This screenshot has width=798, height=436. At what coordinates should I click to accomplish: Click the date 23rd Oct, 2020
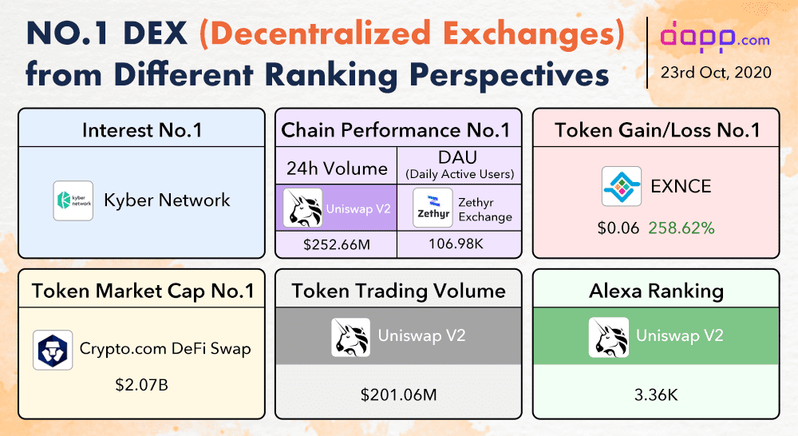(x=716, y=72)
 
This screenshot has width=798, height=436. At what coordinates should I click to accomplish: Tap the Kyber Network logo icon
(x=73, y=200)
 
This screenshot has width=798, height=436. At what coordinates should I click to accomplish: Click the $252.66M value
(x=336, y=244)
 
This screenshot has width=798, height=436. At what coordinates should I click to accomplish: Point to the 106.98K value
(x=459, y=244)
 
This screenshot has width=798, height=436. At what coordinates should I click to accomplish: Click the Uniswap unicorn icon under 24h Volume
(x=303, y=208)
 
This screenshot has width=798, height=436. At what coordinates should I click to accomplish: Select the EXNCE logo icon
(x=621, y=188)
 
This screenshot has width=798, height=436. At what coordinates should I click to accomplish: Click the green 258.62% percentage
(x=681, y=228)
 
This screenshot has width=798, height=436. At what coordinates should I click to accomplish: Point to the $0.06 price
(x=618, y=228)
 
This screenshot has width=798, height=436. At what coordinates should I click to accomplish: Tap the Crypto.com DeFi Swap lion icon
(x=53, y=350)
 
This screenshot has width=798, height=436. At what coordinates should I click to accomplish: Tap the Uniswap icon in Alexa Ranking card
(x=608, y=336)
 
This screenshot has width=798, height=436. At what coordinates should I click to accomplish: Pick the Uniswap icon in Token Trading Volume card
(x=350, y=336)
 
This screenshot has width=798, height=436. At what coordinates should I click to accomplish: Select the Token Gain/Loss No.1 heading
(x=656, y=129)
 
